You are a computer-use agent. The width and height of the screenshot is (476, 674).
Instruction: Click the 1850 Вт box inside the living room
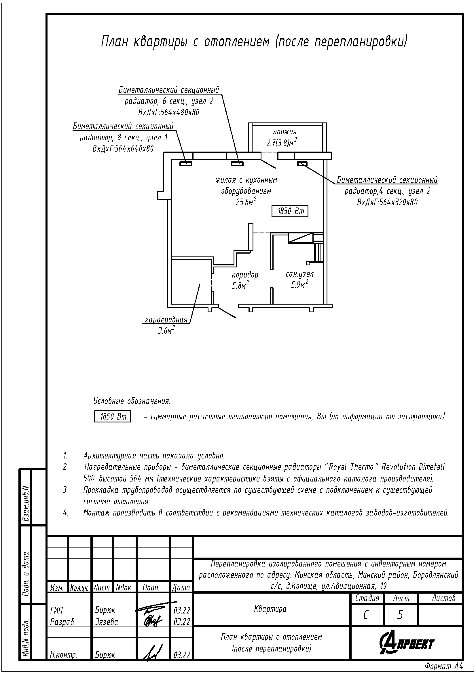290,211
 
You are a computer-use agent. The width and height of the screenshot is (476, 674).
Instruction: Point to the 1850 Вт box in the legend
112,417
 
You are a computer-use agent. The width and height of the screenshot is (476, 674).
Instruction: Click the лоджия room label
285,131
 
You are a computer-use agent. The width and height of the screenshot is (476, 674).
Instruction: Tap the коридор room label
245,275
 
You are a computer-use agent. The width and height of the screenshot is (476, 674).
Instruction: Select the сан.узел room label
300,274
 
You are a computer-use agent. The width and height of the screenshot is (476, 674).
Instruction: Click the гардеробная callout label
166,320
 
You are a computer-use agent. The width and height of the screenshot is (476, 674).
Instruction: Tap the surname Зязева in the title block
107,622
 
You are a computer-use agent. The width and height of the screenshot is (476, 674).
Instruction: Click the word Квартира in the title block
270,609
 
